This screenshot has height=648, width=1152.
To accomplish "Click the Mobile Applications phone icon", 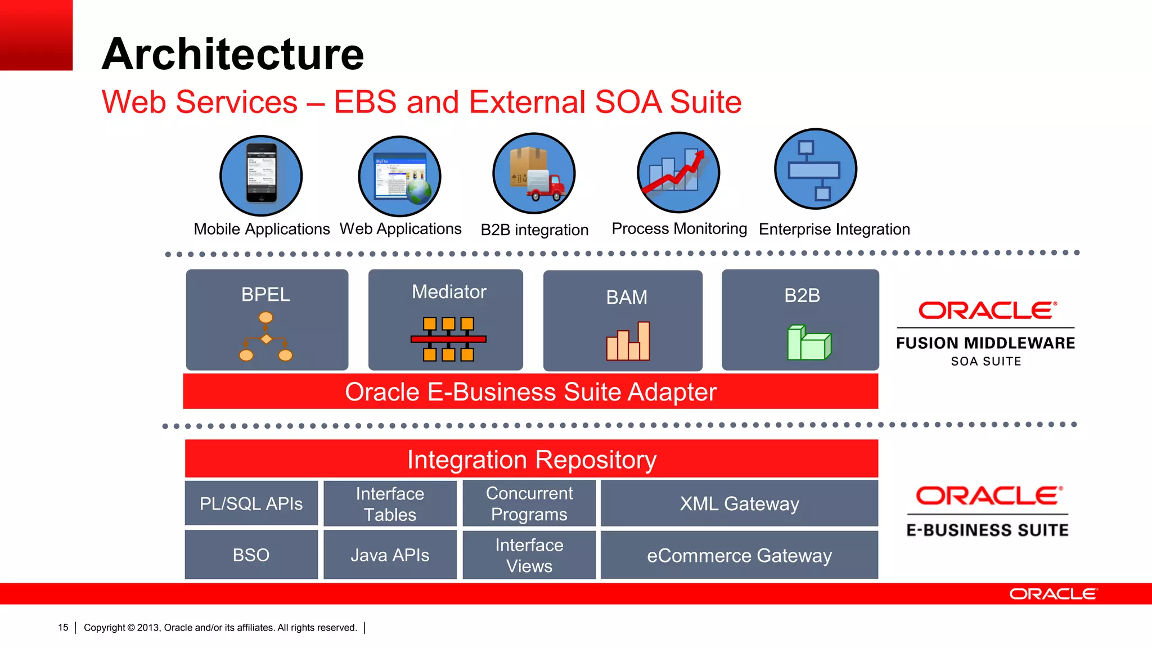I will (x=261, y=174).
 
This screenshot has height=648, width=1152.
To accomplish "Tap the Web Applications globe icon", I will (x=419, y=191).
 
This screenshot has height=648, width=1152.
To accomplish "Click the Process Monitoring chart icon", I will (x=678, y=172).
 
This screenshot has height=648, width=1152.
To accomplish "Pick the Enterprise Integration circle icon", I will (x=815, y=169).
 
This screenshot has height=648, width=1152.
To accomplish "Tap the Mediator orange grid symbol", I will (x=448, y=339).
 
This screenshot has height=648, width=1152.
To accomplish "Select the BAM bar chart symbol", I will (x=628, y=341).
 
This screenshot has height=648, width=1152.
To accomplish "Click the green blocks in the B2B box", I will (x=809, y=343).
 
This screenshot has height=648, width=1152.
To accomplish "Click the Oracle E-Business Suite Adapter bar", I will (x=530, y=391).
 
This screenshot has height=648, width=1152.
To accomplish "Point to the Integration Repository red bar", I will (x=531, y=459).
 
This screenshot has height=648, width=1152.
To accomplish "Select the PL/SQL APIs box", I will (x=251, y=503).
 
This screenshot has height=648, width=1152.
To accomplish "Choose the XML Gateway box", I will (x=739, y=503).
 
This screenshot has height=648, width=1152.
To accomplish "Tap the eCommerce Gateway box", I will (x=739, y=555).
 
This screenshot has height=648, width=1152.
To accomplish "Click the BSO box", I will (x=251, y=555).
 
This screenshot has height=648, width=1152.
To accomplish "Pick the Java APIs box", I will (x=390, y=555).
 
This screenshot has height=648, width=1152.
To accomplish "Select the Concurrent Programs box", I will (x=529, y=503).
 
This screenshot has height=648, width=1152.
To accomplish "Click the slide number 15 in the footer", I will (x=63, y=627).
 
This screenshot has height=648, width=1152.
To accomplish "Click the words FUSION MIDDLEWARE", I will (x=985, y=343).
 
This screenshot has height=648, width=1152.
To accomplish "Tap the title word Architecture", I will (x=233, y=54).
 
